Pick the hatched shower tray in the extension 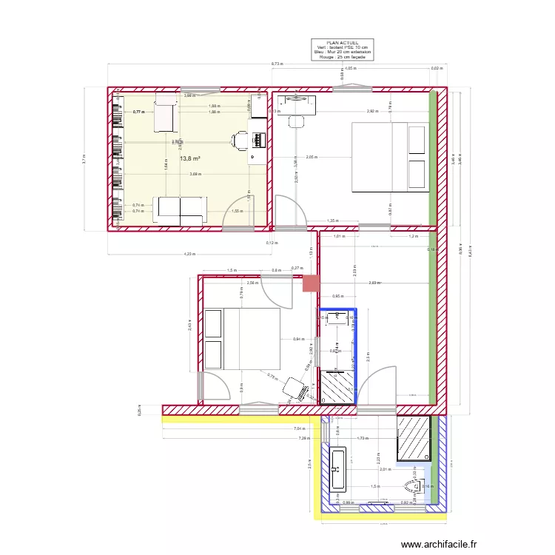click(414, 438)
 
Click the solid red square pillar click(312, 283)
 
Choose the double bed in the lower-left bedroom click(242, 339)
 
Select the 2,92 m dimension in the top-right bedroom click(372, 111)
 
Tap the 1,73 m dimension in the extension click(362, 438)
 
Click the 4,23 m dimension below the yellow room click(189, 255)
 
